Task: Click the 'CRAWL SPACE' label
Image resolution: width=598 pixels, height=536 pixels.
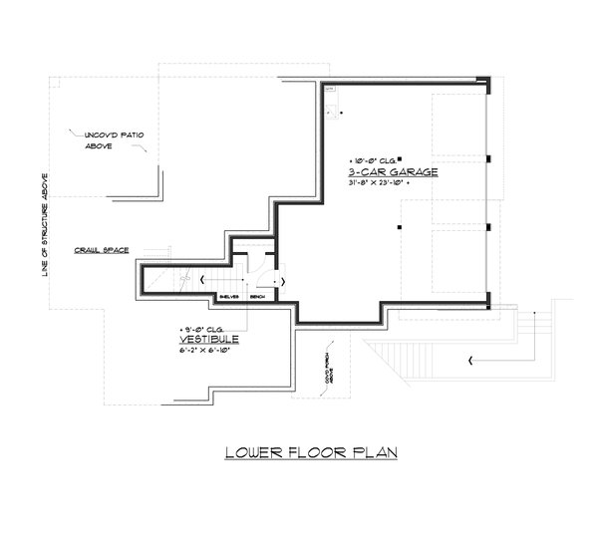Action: [102, 250]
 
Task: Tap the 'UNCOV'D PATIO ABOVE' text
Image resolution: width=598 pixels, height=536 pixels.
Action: [103, 138]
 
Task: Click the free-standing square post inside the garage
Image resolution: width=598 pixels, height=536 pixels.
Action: [398, 228]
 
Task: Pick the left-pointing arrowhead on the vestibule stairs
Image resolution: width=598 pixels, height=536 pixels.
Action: [203, 280]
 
